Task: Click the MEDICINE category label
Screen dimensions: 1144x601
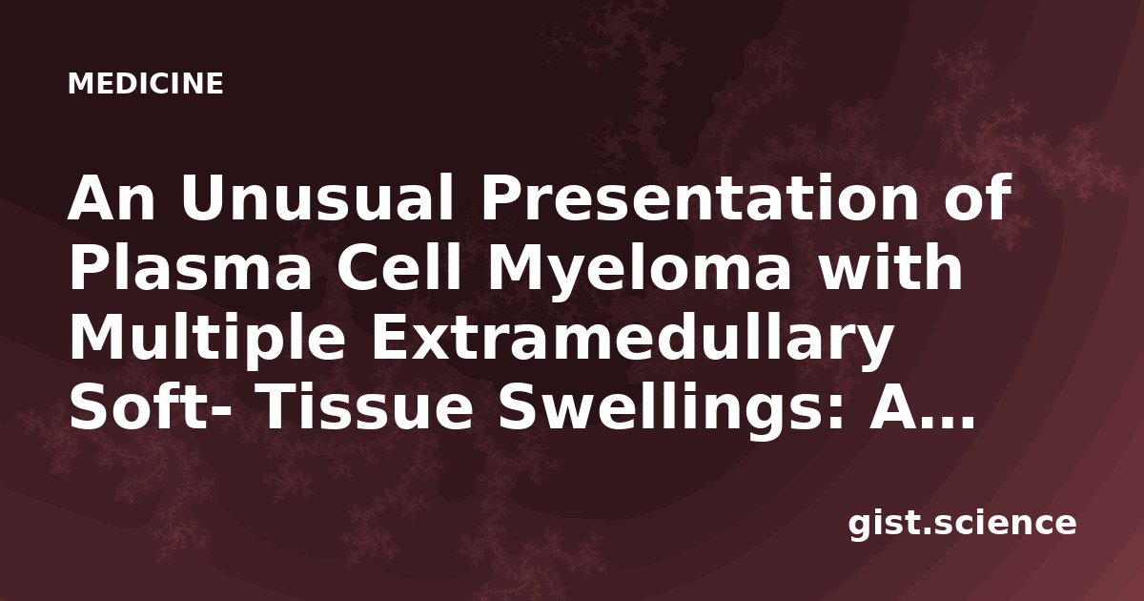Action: [146, 84]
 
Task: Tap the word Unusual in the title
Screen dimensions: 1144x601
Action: [317, 197]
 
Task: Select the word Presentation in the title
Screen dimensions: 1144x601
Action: [699, 197]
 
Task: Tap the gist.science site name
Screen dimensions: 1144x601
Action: [962, 525]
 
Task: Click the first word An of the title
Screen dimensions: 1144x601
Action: [111, 197]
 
